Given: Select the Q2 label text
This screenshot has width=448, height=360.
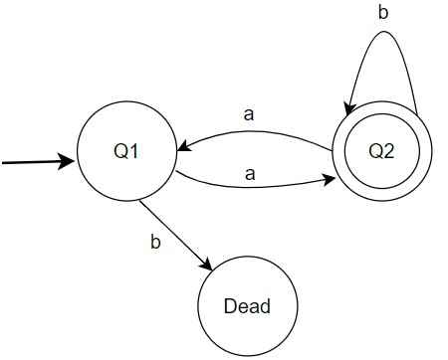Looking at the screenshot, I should pyautogui.click(x=381, y=151).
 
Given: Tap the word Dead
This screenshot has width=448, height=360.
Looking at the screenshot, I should pyautogui.click(x=248, y=306).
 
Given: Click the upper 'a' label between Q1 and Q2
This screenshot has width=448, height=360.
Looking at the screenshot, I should pyautogui.click(x=249, y=112).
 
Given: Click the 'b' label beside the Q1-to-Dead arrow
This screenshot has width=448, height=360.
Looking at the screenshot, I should pyautogui.click(x=154, y=242).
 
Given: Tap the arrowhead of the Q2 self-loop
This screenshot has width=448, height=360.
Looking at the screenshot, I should pyautogui.click(x=351, y=108).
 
